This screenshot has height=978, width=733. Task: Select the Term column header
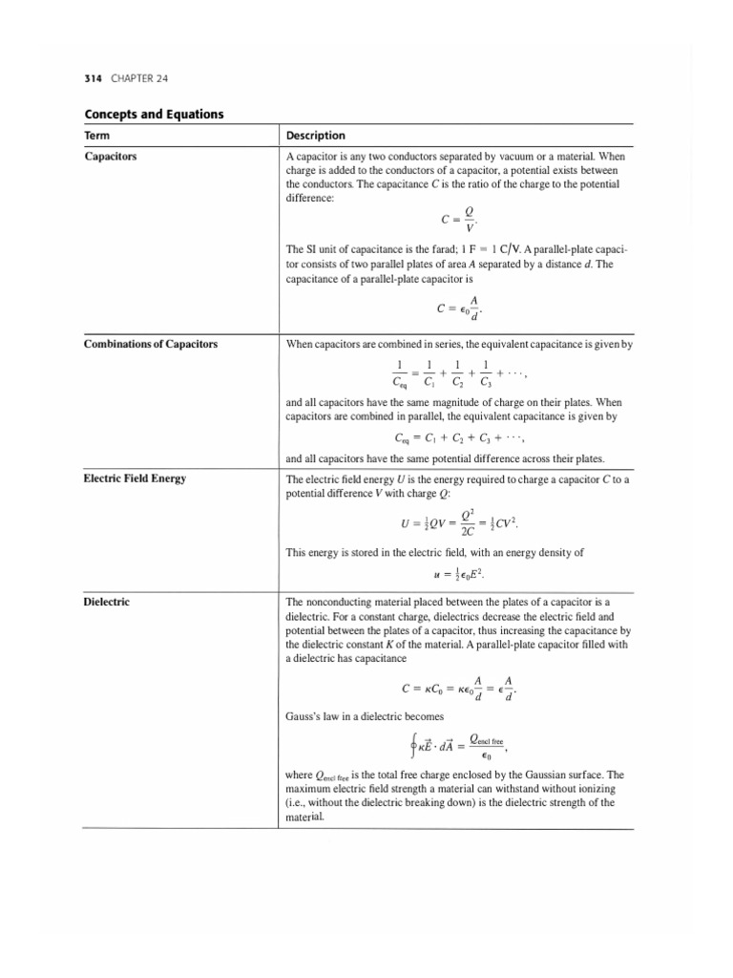(x=97, y=136)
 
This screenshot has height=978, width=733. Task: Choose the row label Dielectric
(x=106, y=604)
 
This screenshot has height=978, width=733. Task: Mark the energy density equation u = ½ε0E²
(x=460, y=574)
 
